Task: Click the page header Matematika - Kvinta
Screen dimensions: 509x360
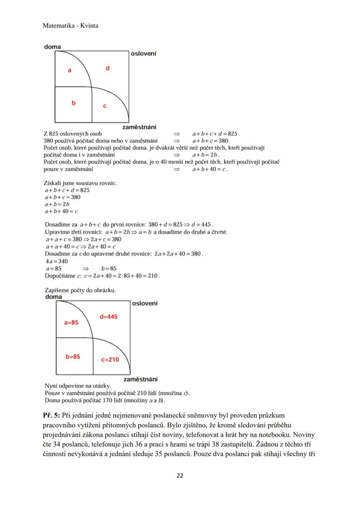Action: coord(70,26)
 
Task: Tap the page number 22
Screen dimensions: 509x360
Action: coord(180,475)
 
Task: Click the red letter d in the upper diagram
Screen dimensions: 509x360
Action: coord(107,68)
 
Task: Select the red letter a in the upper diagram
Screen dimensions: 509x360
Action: coord(70,70)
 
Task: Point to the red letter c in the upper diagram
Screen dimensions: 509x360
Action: coord(105,106)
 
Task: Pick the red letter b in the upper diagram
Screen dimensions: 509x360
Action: coord(73,103)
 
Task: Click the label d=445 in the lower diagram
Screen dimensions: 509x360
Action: coord(108,316)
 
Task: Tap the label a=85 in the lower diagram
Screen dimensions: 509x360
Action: coord(71,323)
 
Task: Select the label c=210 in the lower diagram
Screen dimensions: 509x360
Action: coord(110,359)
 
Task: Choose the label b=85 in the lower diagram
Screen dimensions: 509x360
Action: coord(73,356)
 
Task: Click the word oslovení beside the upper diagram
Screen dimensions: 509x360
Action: coord(143,53)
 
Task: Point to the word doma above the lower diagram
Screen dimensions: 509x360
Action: coord(54,297)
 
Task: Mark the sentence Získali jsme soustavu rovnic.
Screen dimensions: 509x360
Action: coord(80,183)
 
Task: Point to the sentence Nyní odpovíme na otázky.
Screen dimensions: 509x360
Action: coord(78,385)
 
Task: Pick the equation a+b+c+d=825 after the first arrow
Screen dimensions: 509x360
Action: coord(216,134)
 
